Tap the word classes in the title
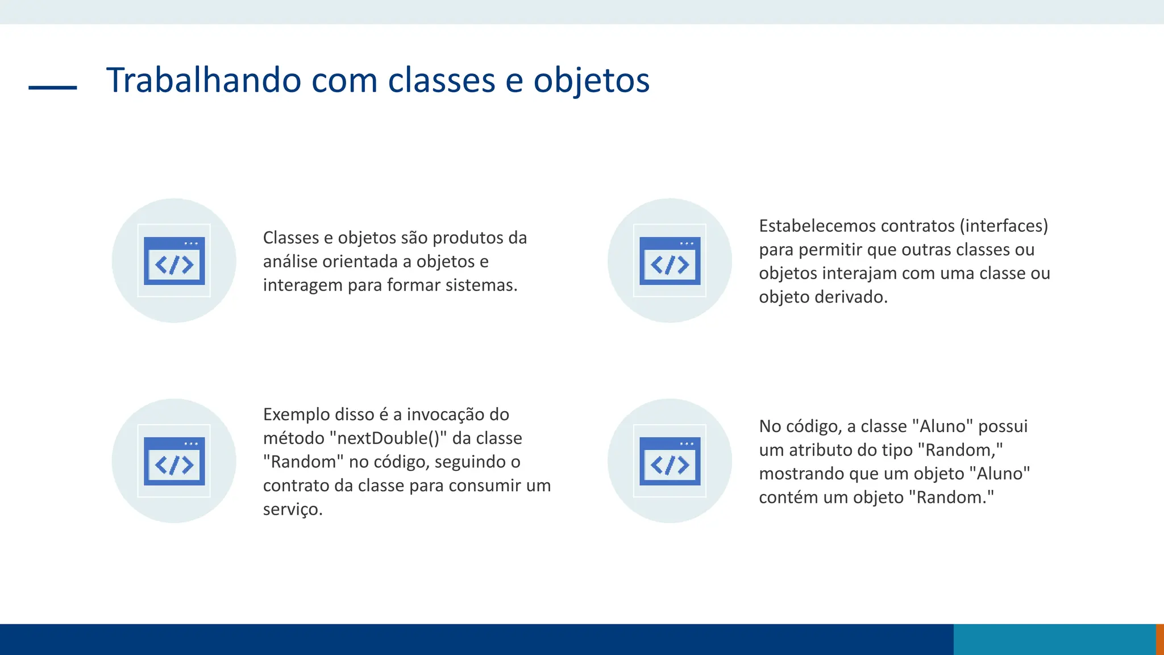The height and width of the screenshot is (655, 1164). [441, 80]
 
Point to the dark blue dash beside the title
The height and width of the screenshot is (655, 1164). [52, 88]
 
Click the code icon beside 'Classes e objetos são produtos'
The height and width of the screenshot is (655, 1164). [174, 260]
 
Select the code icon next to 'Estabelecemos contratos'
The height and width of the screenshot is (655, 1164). [670, 260]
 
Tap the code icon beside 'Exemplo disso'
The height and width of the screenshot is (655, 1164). [174, 461]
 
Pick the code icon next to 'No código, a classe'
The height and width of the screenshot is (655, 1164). [670, 461]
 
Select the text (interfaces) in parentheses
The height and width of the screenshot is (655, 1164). [1004, 226]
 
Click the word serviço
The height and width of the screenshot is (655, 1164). [292, 509]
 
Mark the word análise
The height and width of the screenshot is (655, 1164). [290, 262]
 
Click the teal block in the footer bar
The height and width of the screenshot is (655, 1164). [1054, 639]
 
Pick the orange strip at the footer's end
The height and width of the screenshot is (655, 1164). [1159, 639]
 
